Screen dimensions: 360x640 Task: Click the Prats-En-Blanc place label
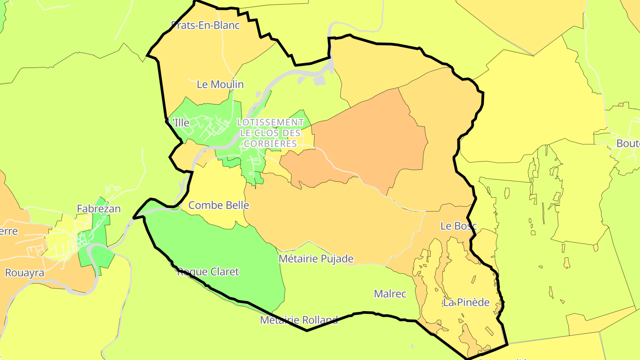[205, 25]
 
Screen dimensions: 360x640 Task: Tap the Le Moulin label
[220, 84]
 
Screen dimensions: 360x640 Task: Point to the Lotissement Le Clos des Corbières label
[270, 132]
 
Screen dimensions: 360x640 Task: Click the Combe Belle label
[219, 205]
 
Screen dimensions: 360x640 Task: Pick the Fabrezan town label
[99, 208]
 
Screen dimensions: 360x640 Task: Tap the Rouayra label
[24, 273]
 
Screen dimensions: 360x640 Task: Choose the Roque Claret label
[208, 272]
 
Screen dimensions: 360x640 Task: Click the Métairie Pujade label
[316, 259]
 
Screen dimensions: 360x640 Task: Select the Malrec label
[390, 294]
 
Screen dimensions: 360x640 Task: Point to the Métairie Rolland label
[299, 320]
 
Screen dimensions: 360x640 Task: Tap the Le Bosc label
[458, 226]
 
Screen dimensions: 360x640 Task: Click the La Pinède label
[466, 303]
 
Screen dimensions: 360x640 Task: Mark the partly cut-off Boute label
[628, 144]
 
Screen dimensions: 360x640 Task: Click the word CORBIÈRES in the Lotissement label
[270, 144]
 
